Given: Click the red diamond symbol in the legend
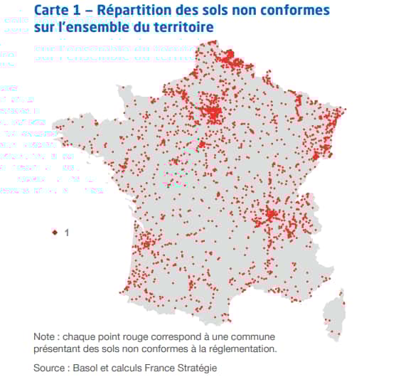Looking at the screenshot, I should pyautogui.click(x=55, y=232).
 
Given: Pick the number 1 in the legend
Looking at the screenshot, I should pyautogui.click(x=66, y=232).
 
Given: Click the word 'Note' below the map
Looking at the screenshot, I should pyautogui.click(x=46, y=336).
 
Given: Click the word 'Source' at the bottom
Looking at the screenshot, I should pyautogui.click(x=50, y=367).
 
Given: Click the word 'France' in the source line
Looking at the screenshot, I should pyautogui.click(x=157, y=367).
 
